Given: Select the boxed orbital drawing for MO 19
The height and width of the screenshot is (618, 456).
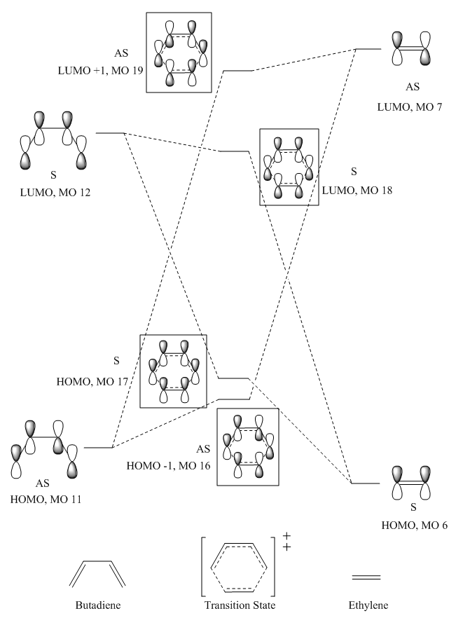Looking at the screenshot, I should point(178,53).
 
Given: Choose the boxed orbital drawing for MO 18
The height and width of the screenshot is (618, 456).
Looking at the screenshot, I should point(289,167).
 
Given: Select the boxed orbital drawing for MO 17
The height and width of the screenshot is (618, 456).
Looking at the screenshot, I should point(174,371).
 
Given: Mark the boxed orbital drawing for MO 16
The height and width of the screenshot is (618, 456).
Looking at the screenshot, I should point(248,447).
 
